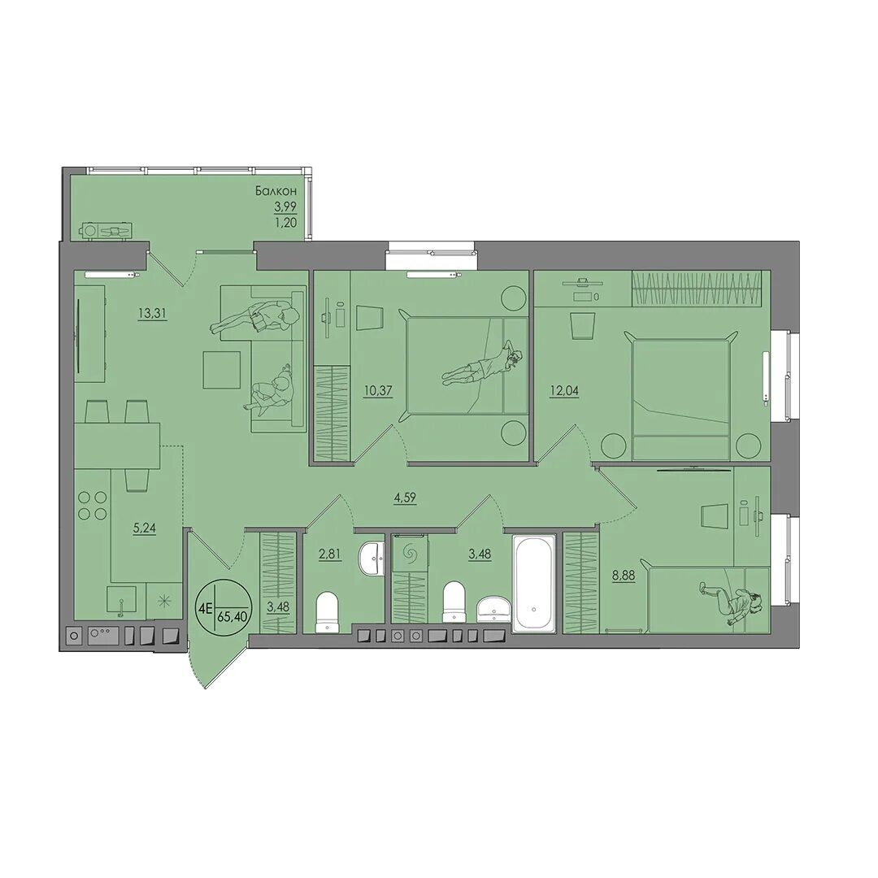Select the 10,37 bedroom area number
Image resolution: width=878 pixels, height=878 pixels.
(x=378, y=390)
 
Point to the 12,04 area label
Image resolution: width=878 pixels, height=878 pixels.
(x=565, y=390)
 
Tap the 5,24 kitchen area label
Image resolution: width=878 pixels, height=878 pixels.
(x=144, y=528)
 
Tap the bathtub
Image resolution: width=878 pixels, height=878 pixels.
(x=534, y=584)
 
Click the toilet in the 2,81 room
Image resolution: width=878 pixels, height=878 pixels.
(x=327, y=613)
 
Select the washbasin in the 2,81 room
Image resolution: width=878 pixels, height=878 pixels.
(x=370, y=558)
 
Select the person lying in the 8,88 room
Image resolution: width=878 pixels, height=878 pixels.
(x=732, y=603)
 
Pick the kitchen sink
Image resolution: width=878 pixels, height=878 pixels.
(x=121, y=602)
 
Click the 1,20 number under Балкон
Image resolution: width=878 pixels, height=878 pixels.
(x=285, y=222)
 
